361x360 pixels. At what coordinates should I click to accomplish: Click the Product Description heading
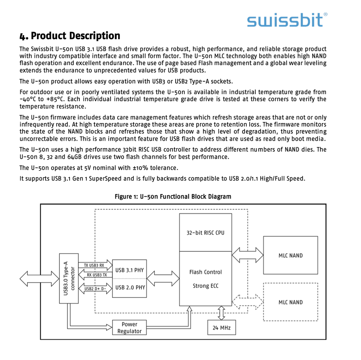(70, 36)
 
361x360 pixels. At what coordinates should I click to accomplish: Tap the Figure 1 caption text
(173, 197)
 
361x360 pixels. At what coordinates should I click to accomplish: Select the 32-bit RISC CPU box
(205, 232)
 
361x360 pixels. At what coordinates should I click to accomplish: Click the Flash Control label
(205, 272)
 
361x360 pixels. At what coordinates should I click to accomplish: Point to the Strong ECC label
(205, 286)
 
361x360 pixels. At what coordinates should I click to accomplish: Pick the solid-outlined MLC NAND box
(290, 255)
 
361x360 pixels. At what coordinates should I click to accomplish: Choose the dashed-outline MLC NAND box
(290, 302)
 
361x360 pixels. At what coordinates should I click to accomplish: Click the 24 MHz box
(221, 327)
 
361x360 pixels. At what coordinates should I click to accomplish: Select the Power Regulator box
(129, 328)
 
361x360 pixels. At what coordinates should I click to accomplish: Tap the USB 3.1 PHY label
(130, 270)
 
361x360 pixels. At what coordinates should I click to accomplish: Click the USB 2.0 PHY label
(130, 287)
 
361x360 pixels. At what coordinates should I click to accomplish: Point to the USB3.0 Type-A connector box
(69, 278)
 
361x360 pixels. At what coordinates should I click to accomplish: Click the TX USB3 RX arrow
(95, 265)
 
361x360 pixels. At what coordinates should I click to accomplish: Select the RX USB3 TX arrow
(95, 275)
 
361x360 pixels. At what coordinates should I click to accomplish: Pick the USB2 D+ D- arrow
(95, 289)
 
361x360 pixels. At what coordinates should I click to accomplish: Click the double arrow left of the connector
(39, 279)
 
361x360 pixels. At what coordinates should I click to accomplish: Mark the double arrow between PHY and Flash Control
(162, 279)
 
